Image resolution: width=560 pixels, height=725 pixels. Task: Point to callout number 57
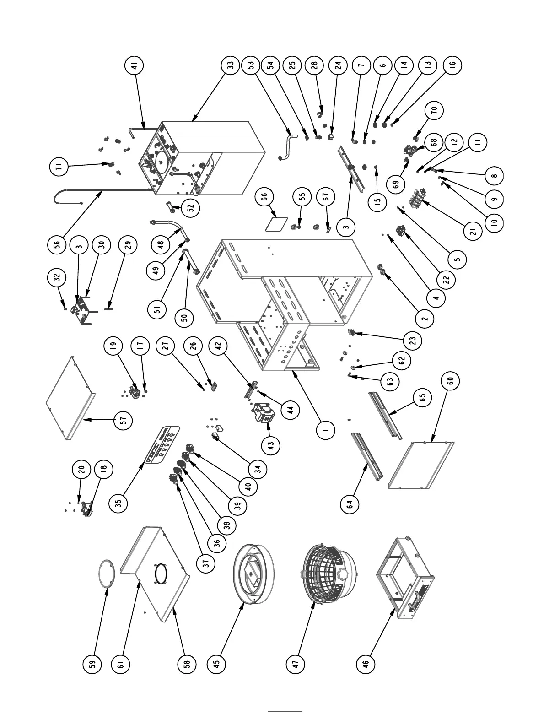(123, 420)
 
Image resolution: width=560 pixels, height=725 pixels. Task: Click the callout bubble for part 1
(325, 430)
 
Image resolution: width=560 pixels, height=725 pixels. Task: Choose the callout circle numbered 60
(451, 381)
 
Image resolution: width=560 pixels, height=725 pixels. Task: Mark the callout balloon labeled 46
(366, 663)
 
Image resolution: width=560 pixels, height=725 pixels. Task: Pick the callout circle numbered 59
(92, 663)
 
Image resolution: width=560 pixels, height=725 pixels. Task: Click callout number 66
(264, 197)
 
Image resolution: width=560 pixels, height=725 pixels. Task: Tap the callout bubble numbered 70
(434, 110)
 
